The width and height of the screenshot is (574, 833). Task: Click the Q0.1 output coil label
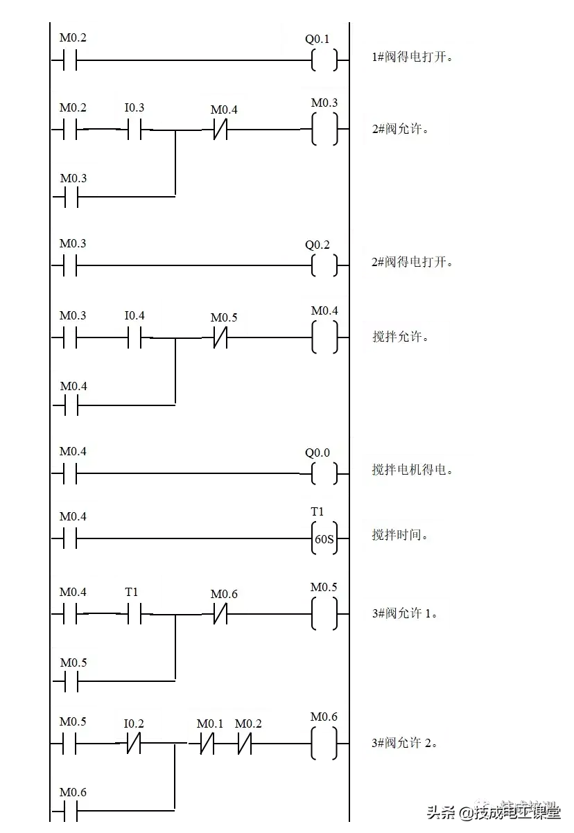[x=318, y=39]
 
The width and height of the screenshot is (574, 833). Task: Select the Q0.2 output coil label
[x=318, y=245]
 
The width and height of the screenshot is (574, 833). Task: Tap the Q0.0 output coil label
[x=318, y=453]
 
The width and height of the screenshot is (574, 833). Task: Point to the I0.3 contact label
[x=134, y=107]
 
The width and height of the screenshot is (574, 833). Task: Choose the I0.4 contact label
[x=134, y=315]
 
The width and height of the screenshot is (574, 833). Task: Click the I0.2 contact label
[x=134, y=724]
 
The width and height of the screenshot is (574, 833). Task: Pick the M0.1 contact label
[x=210, y=724]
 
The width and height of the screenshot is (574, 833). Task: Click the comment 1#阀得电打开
[x=413, y=58]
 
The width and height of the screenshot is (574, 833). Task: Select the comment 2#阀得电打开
[x=413, y=263]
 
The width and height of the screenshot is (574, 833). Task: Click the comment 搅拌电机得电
[x=413, y=469]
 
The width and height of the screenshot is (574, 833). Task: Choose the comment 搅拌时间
[x=401, y=535]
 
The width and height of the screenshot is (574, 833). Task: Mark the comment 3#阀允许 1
[x=405, y=613]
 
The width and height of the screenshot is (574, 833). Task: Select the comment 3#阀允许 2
[x=405, y=743]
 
